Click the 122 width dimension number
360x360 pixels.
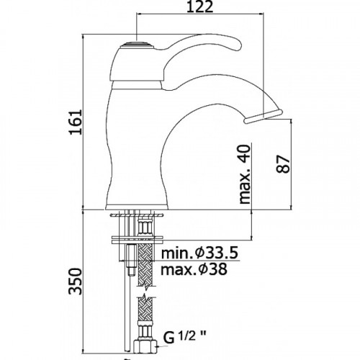199,7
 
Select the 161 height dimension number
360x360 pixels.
76,122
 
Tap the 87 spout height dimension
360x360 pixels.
283,164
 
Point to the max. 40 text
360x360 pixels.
245,174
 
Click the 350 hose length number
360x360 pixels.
76,282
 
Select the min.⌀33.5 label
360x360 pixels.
199,253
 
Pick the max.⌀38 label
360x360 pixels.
194,269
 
